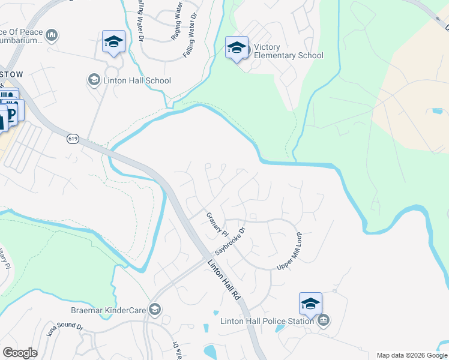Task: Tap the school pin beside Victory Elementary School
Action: click(x=237, y=47)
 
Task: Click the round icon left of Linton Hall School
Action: click(x=94, y=80)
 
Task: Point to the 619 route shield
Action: click(x=73, y=139)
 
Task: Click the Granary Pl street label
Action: click(x=217, y=224)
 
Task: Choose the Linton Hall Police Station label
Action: click(x=267, y=321)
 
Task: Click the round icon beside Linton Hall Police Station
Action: click(x=324, y=320)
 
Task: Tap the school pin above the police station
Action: click(x=310, y=304)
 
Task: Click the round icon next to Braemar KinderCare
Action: click(x=155, y=309)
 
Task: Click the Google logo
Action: click(x=20, y=353)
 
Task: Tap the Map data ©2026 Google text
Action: click(x=412, y=355)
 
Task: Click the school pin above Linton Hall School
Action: click(x=113, y=42)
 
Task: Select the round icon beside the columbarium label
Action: click(x=52, y=36)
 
